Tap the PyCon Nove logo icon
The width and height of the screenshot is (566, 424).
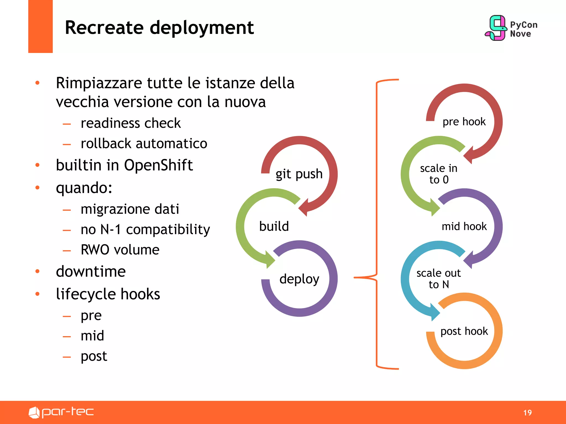pyautogui.click(x=496, y=28)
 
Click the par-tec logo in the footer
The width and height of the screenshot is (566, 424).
pyautogui.click(x=61, y=412)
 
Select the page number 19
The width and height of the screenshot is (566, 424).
pyautogui.click(x=527, y=413)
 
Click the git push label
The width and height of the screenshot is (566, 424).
pyautogui.click(x=299, y=174)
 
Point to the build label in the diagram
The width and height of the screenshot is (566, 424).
pyautogui.click(x=274, y=226)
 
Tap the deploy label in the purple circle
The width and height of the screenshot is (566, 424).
pyautogui.click(x=299, y=279)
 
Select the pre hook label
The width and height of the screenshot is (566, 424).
pyautogui.click(x=464, y=122)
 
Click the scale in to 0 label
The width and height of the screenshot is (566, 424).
pyautogui.click(x=439, y=174)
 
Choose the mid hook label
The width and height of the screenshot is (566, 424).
pyautogui.click(x=464, y=226)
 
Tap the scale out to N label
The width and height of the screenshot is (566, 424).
pyautogui.click(x=439, y=279)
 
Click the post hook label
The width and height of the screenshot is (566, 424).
pyautogui.click(x=464, y=331)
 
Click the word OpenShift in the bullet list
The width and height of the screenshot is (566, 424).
pyautogui.click(x=158, y=165)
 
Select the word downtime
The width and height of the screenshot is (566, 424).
pyautogui.click(x=91, y=271)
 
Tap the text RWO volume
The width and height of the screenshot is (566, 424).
pyautogui.click(x=120, y=250)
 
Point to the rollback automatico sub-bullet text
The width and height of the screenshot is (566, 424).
pyautogui.click(x=144, y=144)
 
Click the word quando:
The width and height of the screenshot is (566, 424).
pyautogui.click(x=84, y=188)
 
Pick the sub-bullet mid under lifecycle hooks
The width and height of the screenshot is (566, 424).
pyautogui.click(x=92, y=336)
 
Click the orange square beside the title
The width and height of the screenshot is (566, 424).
pyautogui.click(x=40, y=26)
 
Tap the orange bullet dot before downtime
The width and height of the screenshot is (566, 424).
pyautogui.click(x=38, y=271)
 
